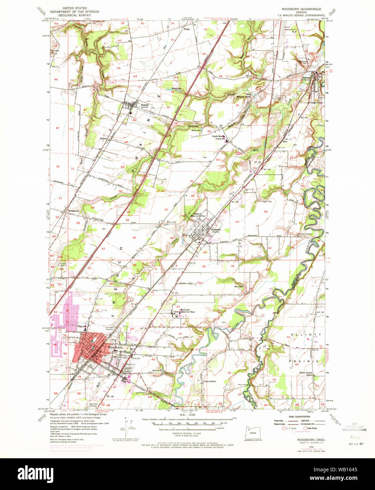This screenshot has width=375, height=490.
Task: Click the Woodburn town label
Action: pos(116,347)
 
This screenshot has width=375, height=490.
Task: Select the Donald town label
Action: pos(145,105)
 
